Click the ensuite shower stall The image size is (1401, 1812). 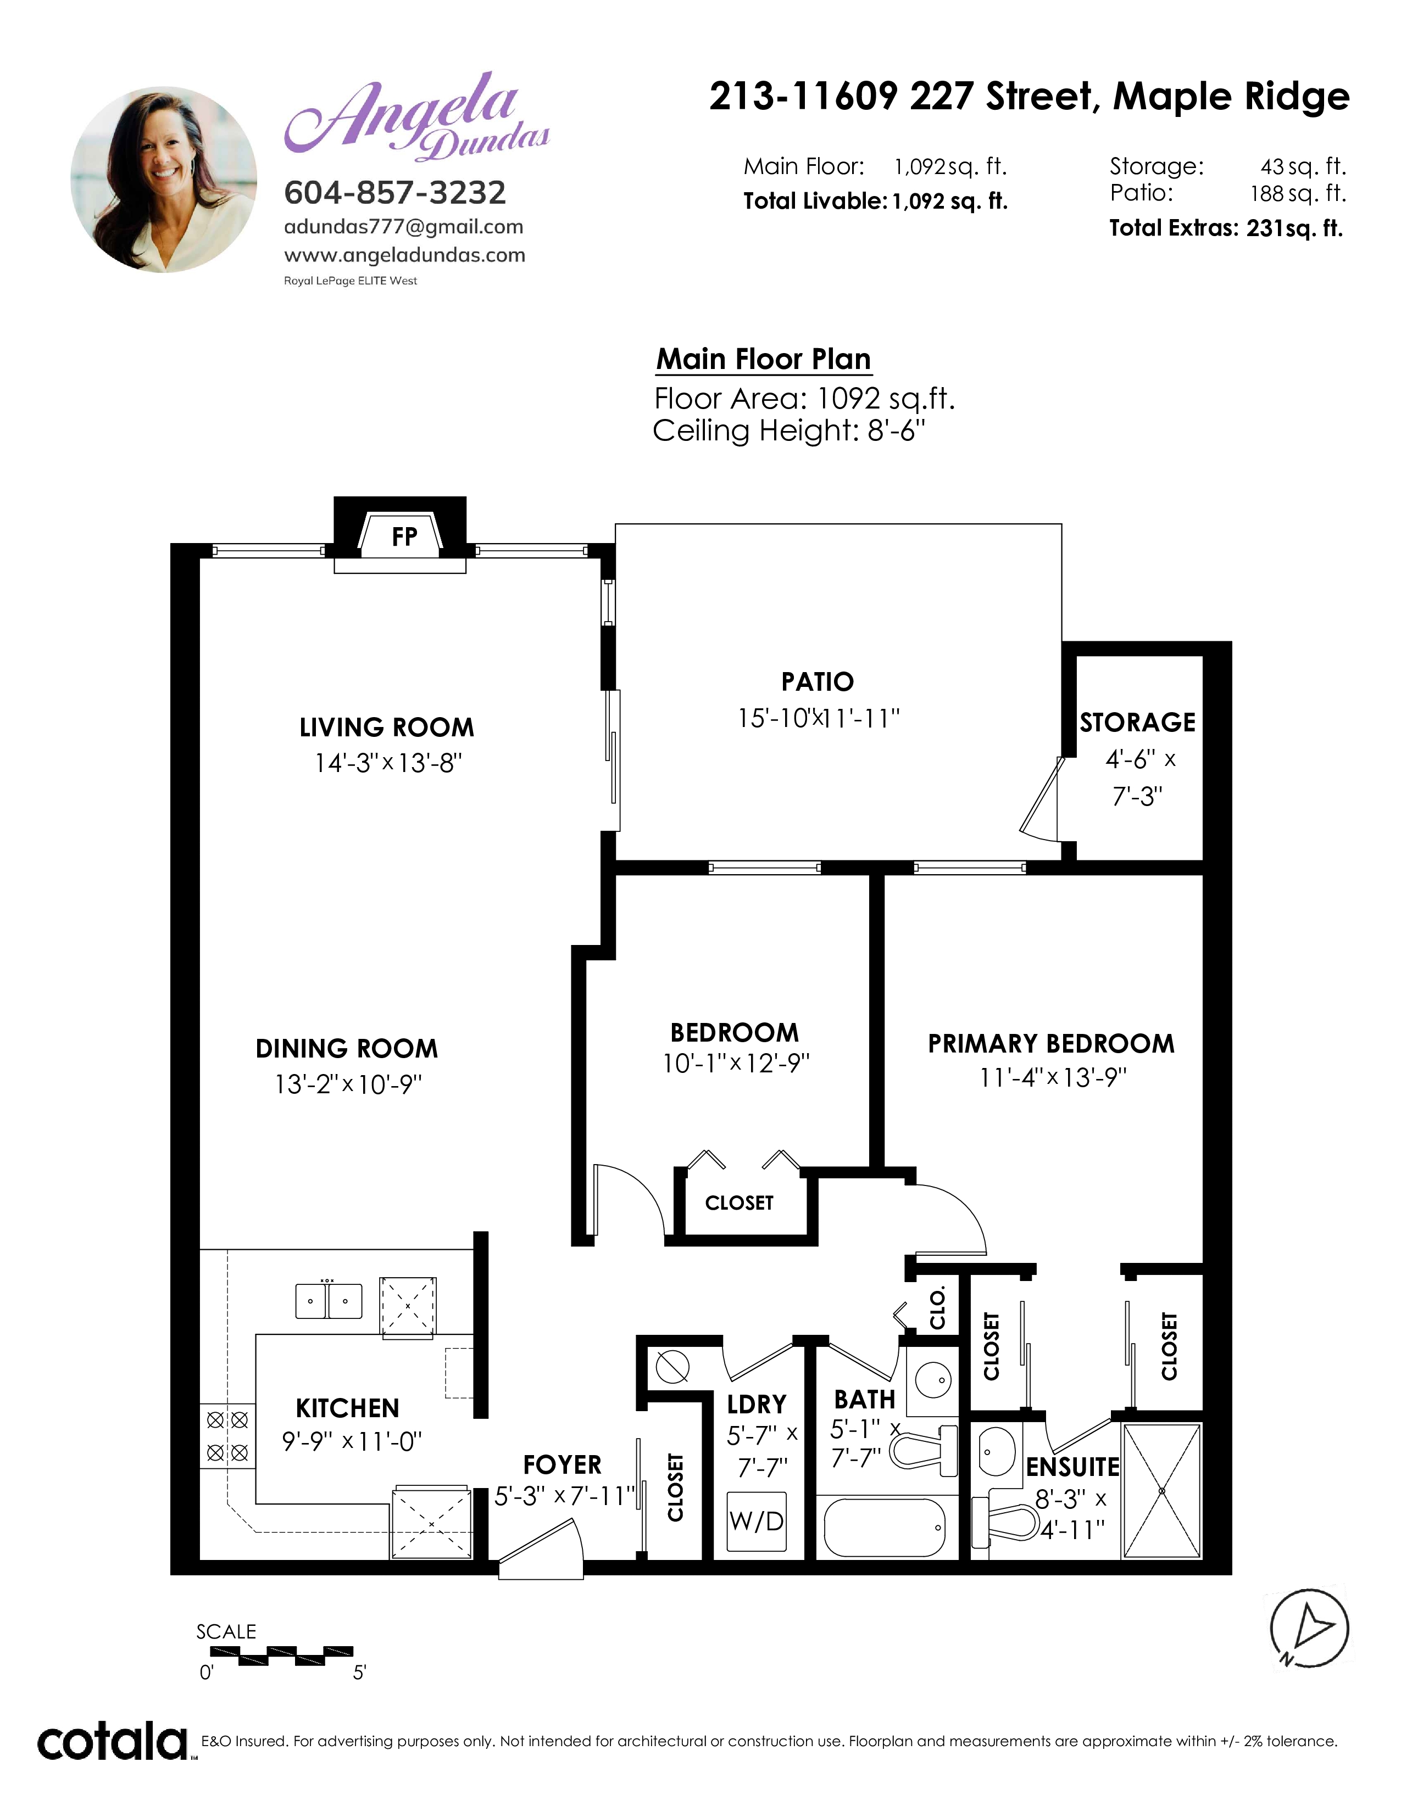[x=1161, y=1491]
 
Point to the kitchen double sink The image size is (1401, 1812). [x=329, y=1300]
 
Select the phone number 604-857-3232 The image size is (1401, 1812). [x=395, y=193]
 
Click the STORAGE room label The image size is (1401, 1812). [x=1137, y=723]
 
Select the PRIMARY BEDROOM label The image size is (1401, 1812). [x=1050, y=1044]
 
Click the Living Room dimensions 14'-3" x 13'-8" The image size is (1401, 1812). [x=387, y=763]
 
